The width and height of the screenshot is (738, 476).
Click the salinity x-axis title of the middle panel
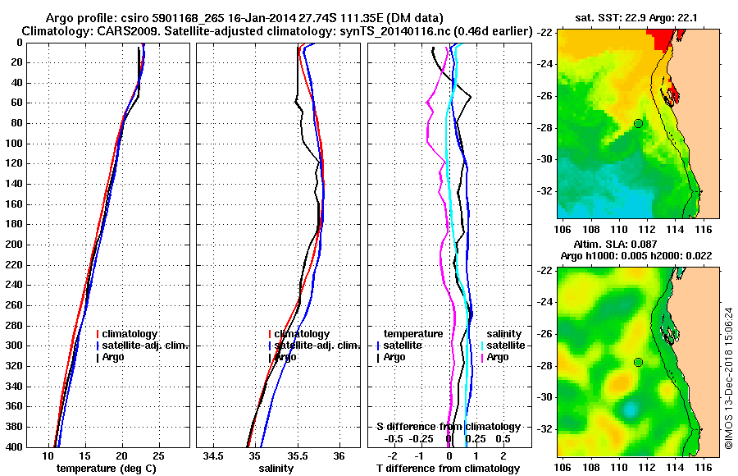[277, 468]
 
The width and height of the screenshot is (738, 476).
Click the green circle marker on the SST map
[638, 123]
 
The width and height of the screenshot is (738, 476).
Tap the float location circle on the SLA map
[638, 362]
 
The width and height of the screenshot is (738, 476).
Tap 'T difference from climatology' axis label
[448, 468]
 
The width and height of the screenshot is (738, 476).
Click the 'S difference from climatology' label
[448, 427]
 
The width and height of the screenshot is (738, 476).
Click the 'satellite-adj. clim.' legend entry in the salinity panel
[314, 346]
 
